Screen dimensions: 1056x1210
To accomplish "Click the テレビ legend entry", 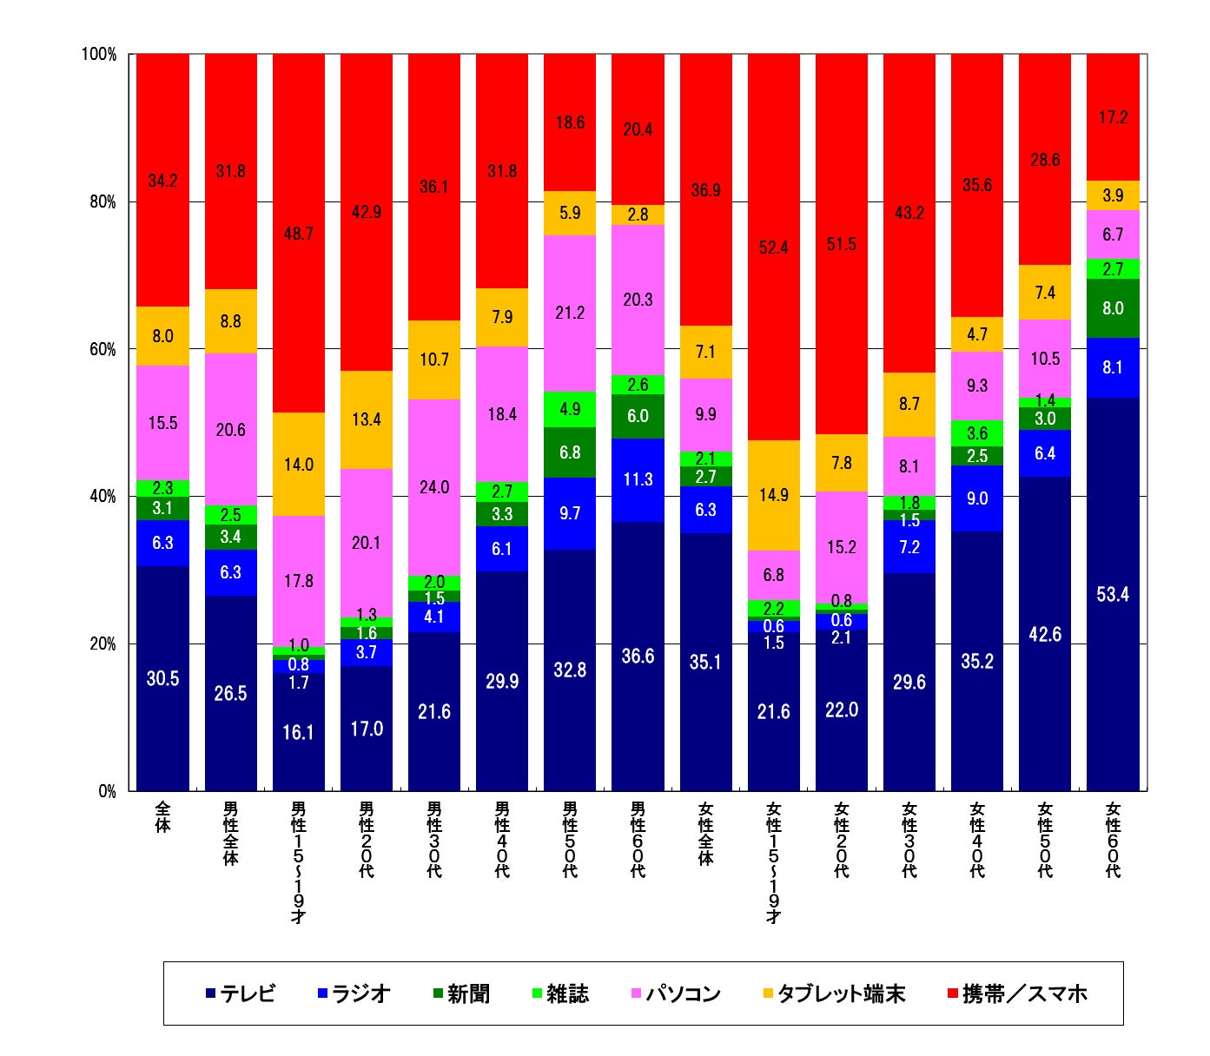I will pos(241,993).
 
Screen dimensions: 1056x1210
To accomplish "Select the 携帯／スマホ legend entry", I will pos(1017,993).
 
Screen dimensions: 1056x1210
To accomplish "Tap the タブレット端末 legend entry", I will pos(834,993).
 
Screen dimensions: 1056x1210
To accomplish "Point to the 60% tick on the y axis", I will pos(101,349).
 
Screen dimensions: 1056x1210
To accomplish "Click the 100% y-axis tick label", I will pos(98,55).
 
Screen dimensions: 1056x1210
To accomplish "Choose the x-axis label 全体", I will pos(162,817).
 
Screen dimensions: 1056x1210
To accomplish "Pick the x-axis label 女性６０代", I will pos(1113,840).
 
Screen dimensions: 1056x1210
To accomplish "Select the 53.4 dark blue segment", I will pos(1113,594).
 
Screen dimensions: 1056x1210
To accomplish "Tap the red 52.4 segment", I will pos(773,247).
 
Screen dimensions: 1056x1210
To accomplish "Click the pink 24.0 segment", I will pos(434,487).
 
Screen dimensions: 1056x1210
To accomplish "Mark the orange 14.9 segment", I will pos(773,495).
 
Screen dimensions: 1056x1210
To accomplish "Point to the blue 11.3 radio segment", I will pos(638,479).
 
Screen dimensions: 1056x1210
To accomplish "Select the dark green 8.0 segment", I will pos(1113,308).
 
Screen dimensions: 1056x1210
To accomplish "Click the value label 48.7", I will pos(298,234).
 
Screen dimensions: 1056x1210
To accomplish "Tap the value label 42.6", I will pos(1045,634).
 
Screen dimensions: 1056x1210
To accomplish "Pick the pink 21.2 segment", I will pos(570,313).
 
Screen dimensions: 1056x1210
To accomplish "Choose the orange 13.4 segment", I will pos(367,419).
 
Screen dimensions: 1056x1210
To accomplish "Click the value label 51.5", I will pos(841,244).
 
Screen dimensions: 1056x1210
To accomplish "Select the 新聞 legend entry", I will pos(461,993).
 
